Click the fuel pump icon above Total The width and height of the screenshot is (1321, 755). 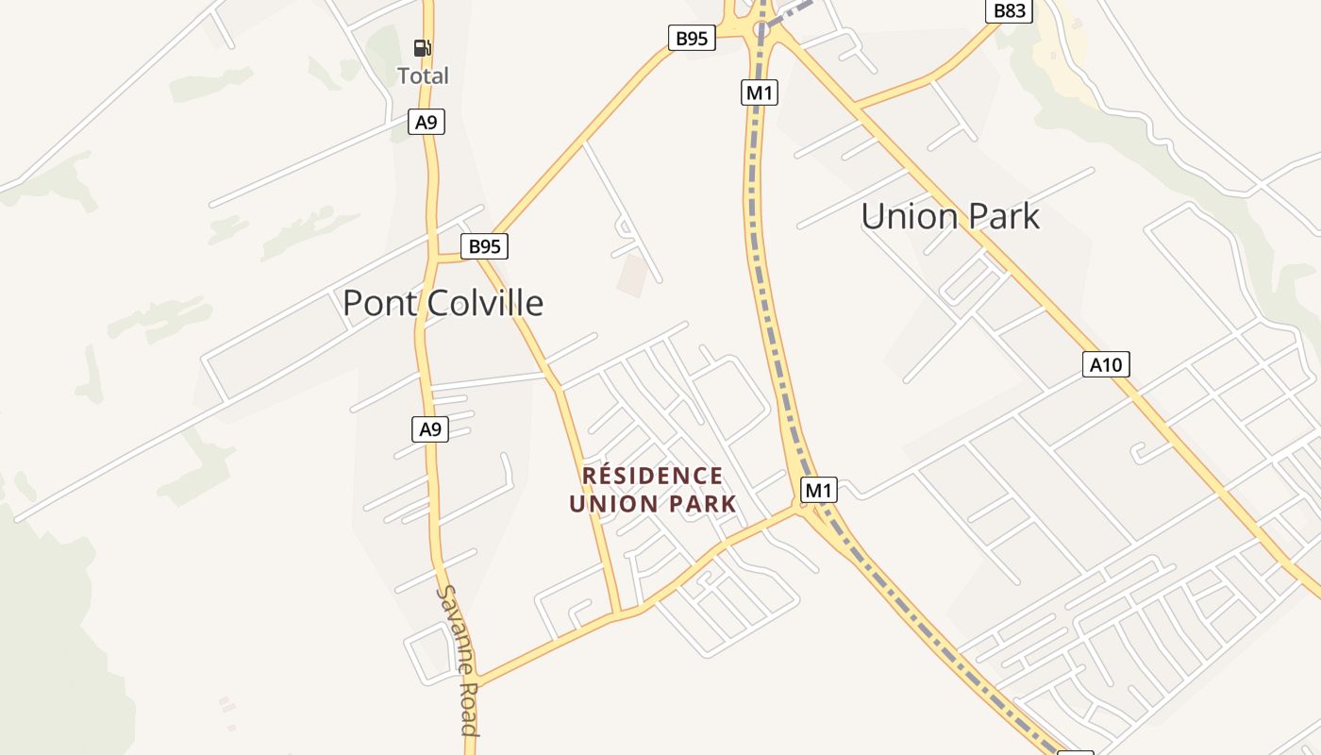click(423, 48)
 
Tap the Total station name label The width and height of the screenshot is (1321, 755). click(423, 75)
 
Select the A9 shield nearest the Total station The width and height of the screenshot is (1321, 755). click(426, 122)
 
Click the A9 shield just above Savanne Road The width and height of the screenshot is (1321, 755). click(430, 429)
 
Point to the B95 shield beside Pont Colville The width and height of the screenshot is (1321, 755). click(485, 247)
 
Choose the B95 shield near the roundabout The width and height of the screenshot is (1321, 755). click(692, 39)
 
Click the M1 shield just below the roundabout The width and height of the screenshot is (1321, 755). click(760, 92)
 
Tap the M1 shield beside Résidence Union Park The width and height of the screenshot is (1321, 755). click(819, 491)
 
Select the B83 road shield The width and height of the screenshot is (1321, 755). click(1010, 11)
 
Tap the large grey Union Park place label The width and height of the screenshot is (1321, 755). click(949, 216)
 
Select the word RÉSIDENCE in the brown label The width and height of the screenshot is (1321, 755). click(653, 476)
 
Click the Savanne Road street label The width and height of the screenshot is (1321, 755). click(458, 661)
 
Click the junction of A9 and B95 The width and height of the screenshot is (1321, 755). click(433, 258)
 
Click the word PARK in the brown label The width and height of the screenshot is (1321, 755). click(701, 504)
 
